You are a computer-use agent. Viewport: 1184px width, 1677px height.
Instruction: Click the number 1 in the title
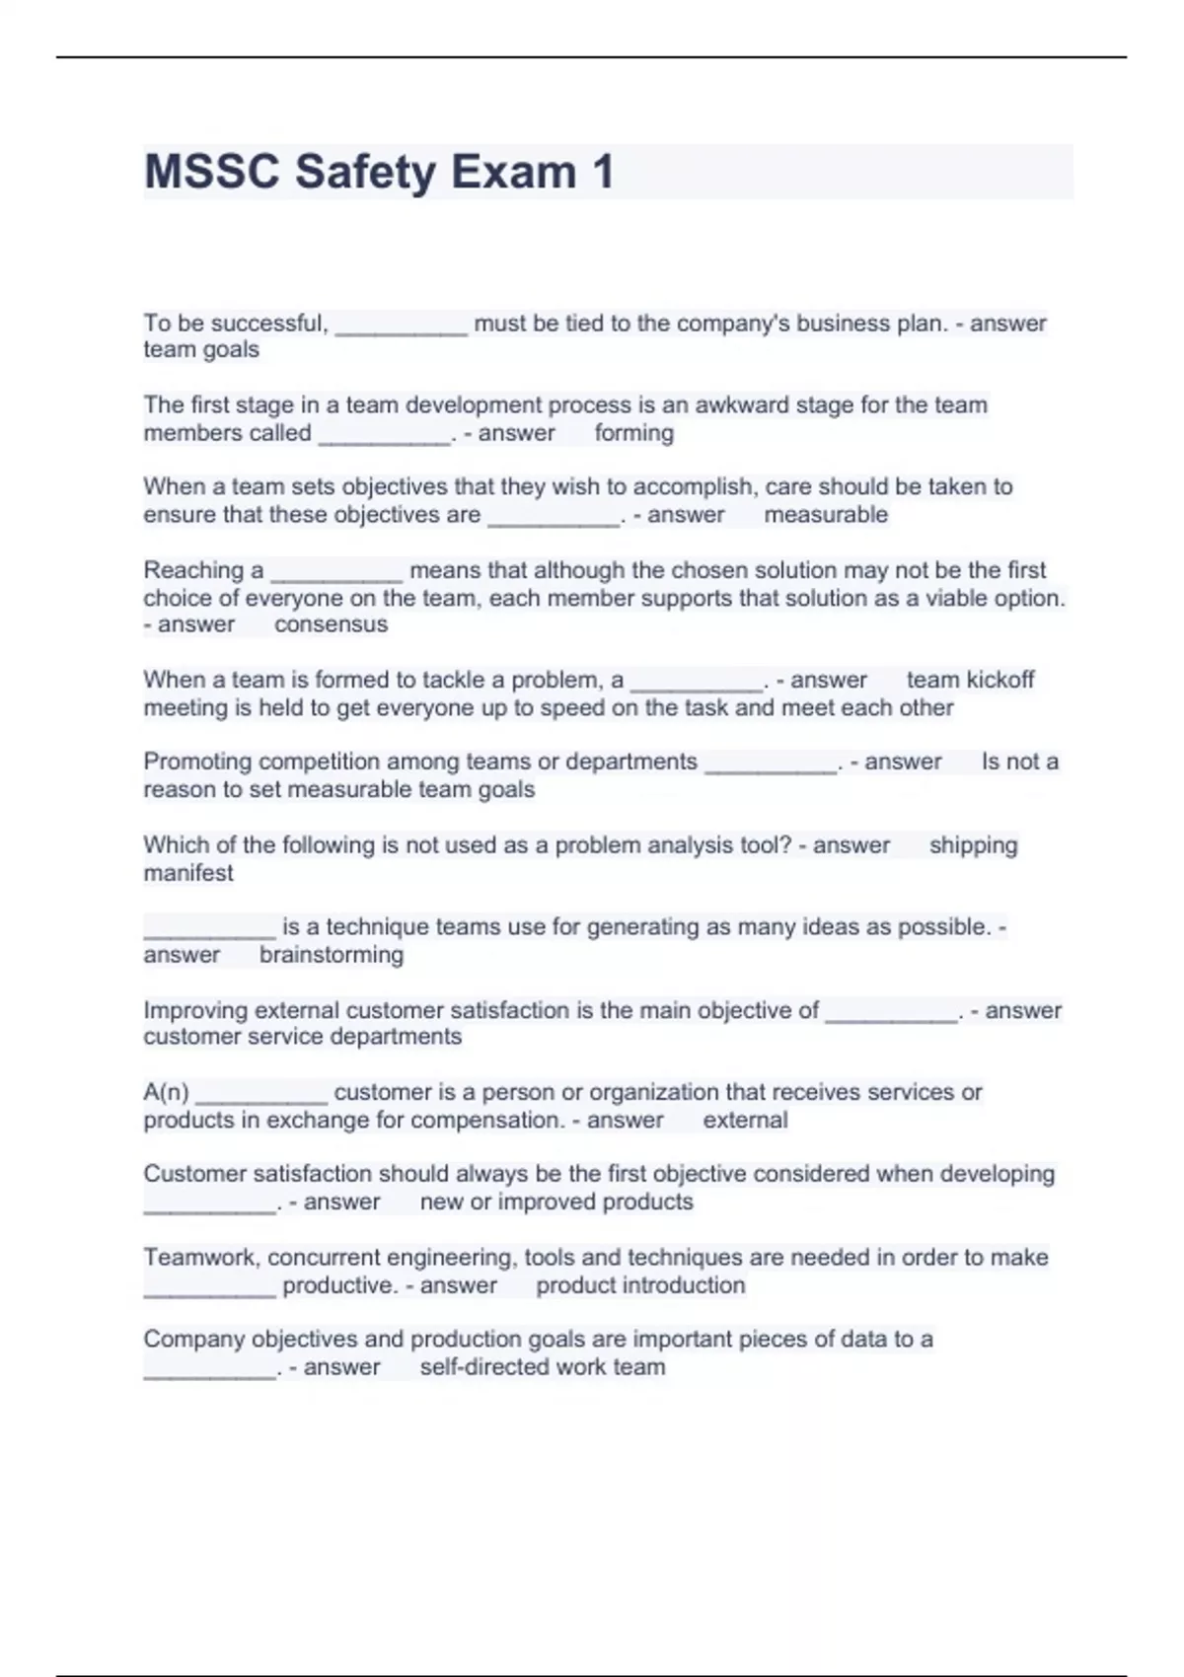pyautogui.click(x=603, y=172)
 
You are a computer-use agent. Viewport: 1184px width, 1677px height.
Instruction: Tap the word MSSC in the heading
pyautogui.click(x=212, y=172)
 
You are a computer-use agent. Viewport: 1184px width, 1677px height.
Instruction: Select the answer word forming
pyautogui.click(x=633, y=433)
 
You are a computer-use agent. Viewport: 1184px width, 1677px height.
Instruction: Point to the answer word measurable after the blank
pyautogui.click(x=826, y=515)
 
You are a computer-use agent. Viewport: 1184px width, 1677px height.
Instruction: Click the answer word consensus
pyautogui.click(x=331, y=624)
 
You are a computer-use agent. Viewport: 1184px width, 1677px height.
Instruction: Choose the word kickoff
pyautogui.click(x=1000, y=680)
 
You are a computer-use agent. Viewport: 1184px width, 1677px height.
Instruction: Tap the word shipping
pyautogui.click(x=973, y=845)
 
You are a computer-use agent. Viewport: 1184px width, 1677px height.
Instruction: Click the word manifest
pyautogui.click(x=188, y=873)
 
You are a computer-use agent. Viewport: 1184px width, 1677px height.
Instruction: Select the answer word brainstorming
pyautogui.click(x=332, y=955)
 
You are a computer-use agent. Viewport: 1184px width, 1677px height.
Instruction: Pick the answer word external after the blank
pyautogui.click(x=745, y=1121)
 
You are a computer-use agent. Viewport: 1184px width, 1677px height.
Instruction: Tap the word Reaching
pyautogui.click(x=193, y=571)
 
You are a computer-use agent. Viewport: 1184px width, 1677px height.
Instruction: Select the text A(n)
pyautogui.click(x=166, y=1093)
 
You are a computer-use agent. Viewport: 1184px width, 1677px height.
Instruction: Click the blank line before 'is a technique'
pyautogui.click(x=209, y=933)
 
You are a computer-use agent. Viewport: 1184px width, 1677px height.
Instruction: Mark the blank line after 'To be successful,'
pyautogui.click(x=401, y=331)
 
